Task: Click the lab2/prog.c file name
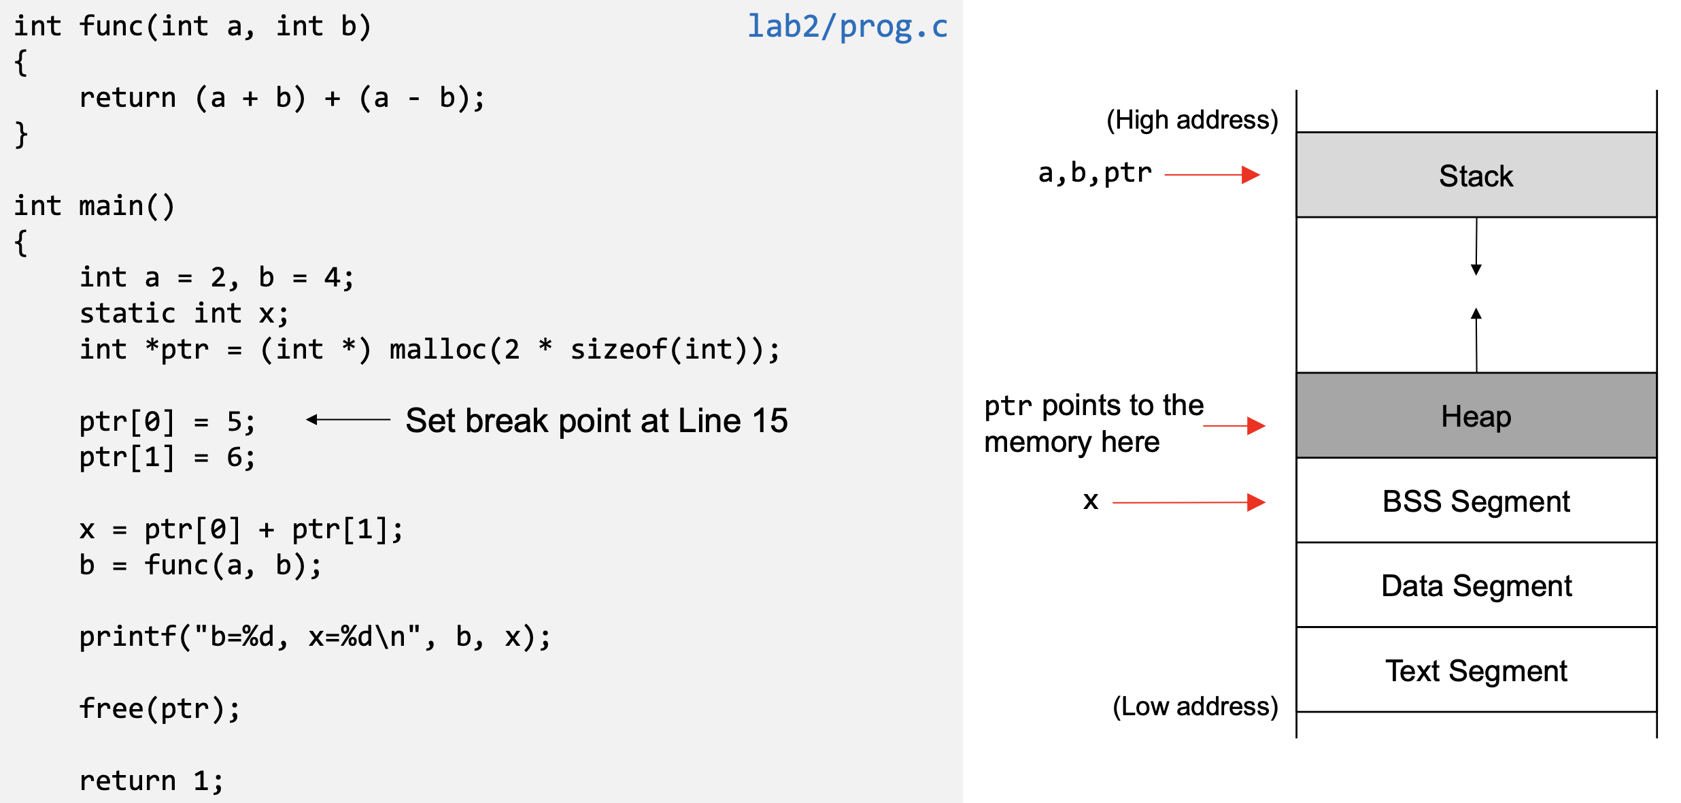tap(847, 27)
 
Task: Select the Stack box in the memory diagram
tap(1476, 176)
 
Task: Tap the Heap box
tap(1476, 416)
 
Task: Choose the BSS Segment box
tap(1476, 501)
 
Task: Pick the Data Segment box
tap(1476, 585)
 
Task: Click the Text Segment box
tap(1476, 670)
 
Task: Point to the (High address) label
tap(1192, 120)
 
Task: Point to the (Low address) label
tap(1195, 706)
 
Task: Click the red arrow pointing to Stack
tap(1212, 175)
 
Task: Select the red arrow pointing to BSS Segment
tap(1189, 503)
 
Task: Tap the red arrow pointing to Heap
tap(1234, 426)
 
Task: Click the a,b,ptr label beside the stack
tap(1095, 174)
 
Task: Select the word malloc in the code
tap(438, 350)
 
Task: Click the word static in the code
tap(128, 314)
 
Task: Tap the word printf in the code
tap(128, 637)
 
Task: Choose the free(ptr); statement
tap(159, 709)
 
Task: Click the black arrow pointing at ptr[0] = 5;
tap(347, 420)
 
